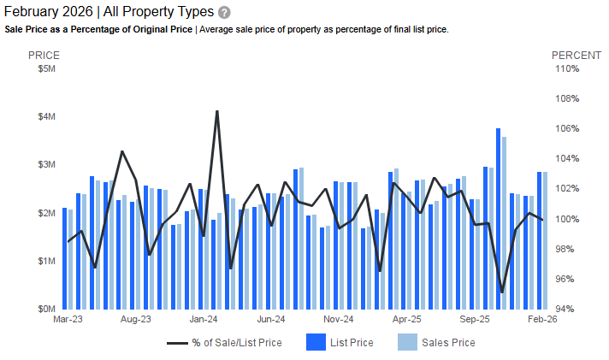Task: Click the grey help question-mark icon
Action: (224, 13)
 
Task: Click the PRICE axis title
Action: (44, 55)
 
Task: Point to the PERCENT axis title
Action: (576, 55)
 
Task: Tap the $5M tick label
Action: (47, 69)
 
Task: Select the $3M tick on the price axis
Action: (47, 165)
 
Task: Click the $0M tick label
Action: (47, 309)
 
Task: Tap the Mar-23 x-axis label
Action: (68, 320)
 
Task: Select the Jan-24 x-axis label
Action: (203, 320)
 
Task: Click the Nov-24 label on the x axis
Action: (338, 320)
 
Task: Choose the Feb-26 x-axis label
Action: (541, 320)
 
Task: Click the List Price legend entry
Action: (340, 343)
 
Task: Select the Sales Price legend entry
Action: (436, 343)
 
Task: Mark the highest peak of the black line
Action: (216, 111)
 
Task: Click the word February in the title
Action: (33, 13)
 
